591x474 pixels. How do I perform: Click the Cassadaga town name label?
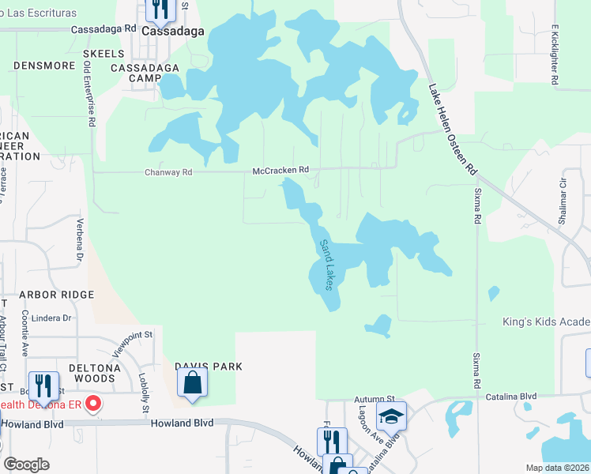172,32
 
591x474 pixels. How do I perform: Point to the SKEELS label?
103,54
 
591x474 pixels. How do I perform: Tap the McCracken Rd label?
280,170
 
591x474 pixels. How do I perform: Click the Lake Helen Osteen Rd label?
454,130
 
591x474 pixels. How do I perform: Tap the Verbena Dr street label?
80,240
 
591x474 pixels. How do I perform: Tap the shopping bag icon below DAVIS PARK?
192,384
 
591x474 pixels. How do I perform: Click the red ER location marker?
93,404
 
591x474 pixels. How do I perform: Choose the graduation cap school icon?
391,415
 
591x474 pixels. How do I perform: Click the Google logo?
27,465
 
